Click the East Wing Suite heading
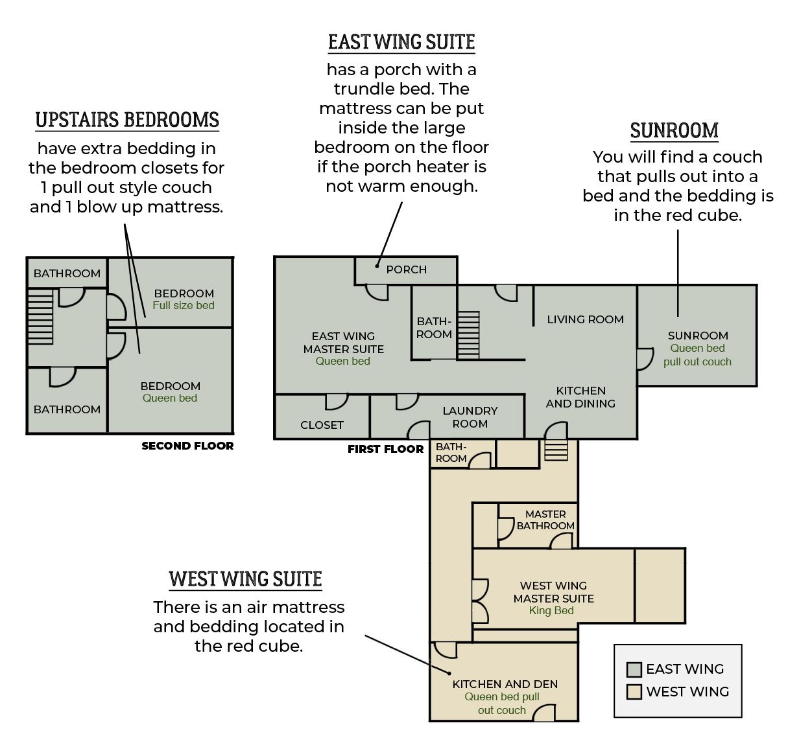tap(401, 42)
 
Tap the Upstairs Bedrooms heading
tap(127, 120)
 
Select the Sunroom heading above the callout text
tap(674, 131)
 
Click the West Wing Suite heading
tap(245, 579)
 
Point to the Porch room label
tap(407, 270)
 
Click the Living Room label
tap(585, 319)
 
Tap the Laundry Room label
tap(470, 417)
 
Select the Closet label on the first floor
tap(322, 425)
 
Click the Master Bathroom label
tap(545, 520)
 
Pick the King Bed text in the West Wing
tap(551, 611)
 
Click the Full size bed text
tap(184, 306)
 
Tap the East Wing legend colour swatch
tap(634, 670)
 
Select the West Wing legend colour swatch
tap(634, 692)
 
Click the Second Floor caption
tap(187, 446)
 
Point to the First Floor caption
tap(385, 449)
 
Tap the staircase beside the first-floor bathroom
tap(468, 335)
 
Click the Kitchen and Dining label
tap(580, 397)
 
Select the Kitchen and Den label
tap(505, 684)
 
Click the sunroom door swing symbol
tap(645, 359)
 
